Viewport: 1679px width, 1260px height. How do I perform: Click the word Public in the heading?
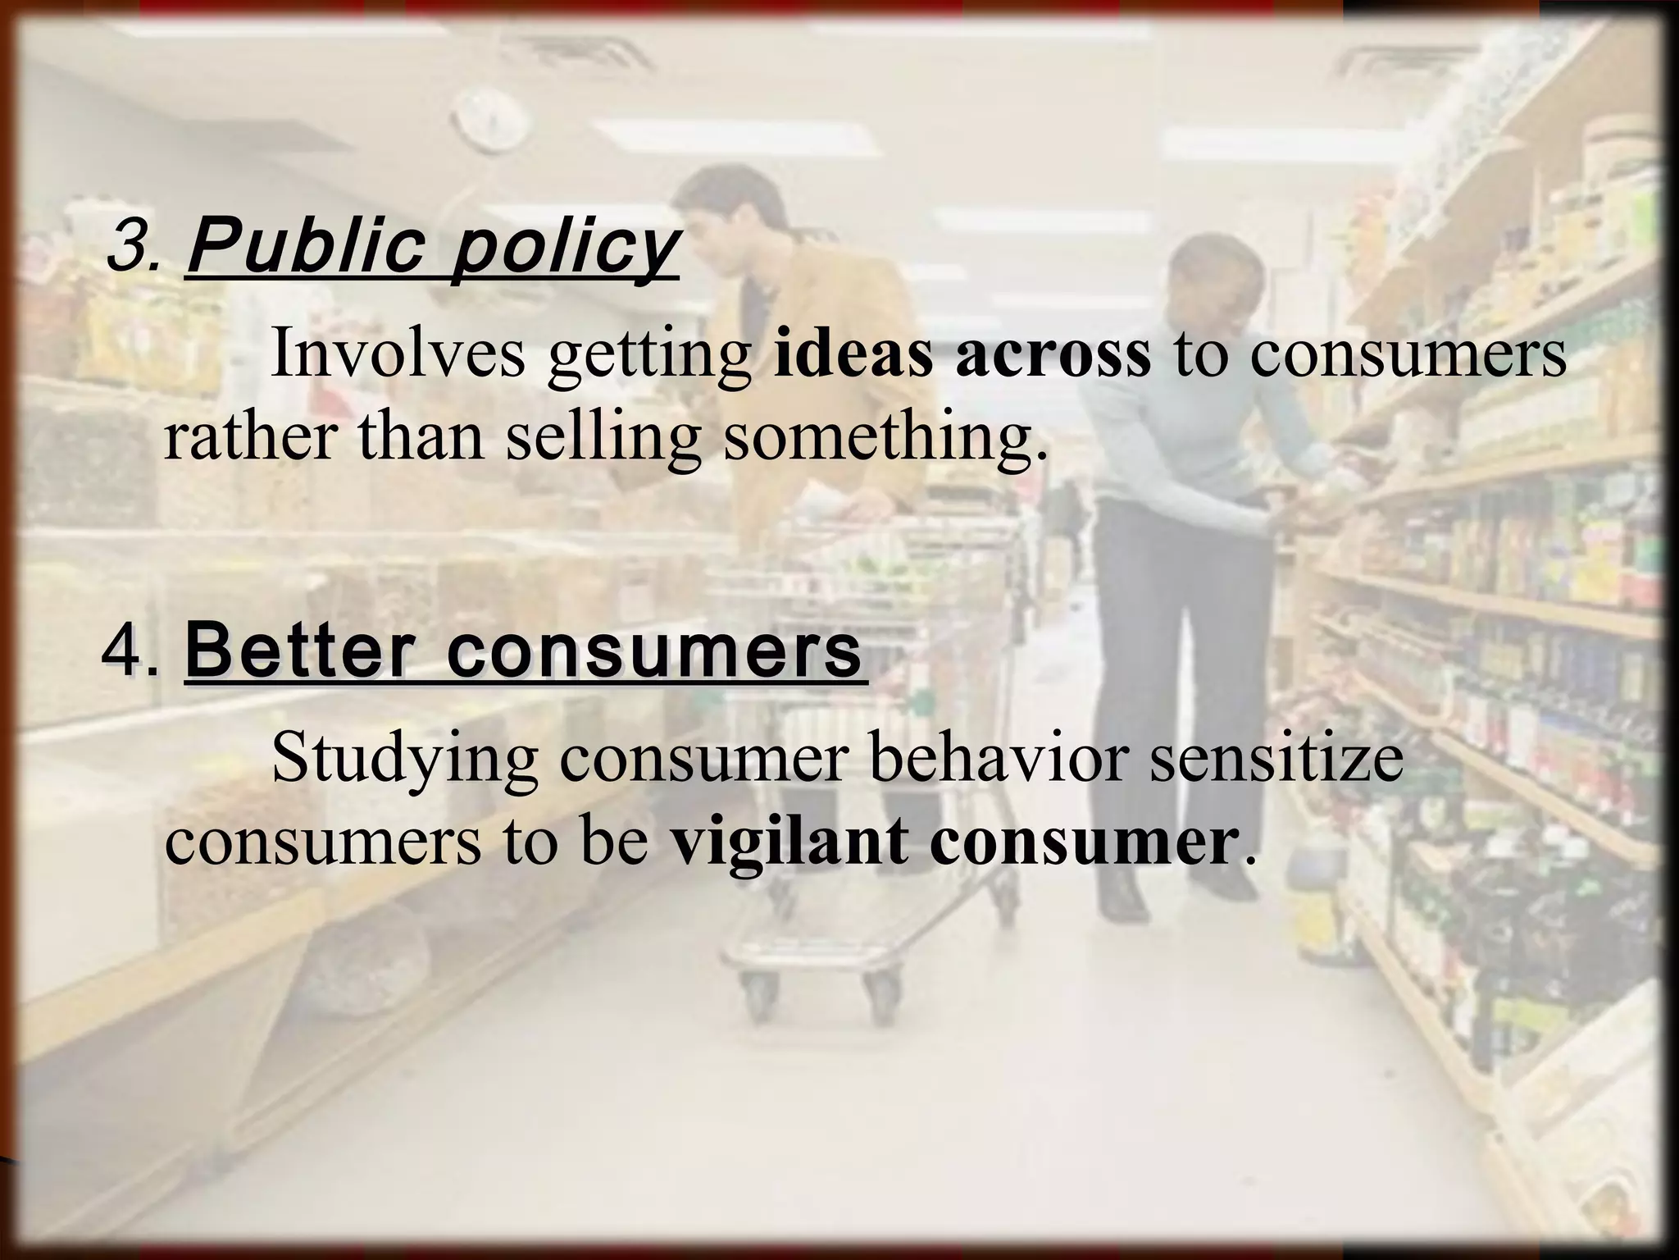[x=307, y=246]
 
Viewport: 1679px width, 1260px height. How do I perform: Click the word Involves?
[x=398, y=353]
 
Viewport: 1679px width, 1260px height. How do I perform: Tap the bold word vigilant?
[x=791, y=842]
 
